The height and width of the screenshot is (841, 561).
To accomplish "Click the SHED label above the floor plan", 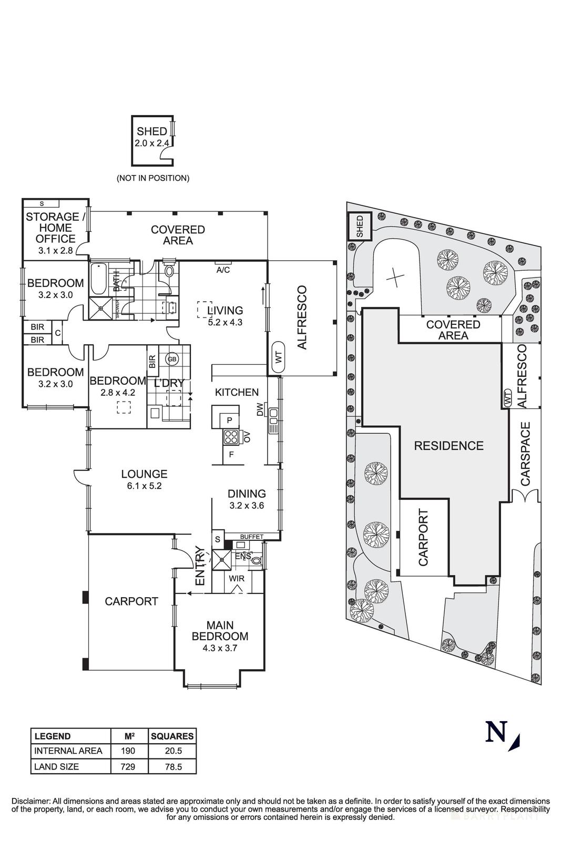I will (x=151, y=131).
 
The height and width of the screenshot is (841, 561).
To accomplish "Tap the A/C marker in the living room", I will (x=223, y=270).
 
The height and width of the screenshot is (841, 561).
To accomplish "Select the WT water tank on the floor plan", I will (x=279, y=357).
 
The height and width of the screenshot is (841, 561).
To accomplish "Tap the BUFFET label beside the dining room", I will (x=251, y=537).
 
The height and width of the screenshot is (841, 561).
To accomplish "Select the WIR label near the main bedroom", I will (x=237, y=578).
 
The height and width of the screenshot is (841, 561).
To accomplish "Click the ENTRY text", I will (x=200, y=567).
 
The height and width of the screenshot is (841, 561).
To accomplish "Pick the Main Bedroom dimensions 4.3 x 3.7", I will (x=220, y=648).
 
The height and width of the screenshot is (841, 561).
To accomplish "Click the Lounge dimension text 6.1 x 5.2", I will (x=144, y=486).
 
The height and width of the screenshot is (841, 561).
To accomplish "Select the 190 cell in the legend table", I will (x=128, y=751).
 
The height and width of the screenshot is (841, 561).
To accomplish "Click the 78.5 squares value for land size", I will (x=172, y=766).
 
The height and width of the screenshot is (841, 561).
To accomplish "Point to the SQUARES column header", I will (x=172, y=736).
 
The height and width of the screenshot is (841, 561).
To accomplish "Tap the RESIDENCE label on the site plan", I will (x=448, y=446).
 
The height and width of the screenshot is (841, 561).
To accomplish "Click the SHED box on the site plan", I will (x=360, y=227).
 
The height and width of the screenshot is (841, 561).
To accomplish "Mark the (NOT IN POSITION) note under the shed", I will (x=152, y=178).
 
